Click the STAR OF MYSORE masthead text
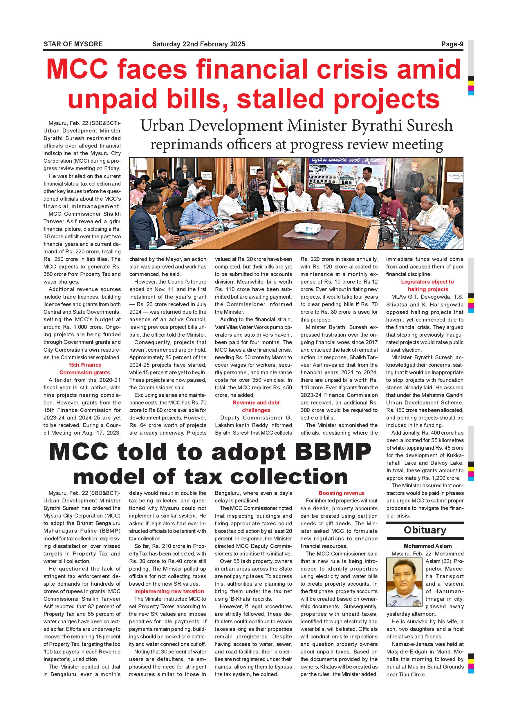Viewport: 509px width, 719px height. pos(73,44)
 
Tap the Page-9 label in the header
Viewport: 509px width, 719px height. pos(452,44)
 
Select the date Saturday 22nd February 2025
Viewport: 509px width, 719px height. pos(199,44)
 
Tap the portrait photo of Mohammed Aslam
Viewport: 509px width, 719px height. pos(404,583)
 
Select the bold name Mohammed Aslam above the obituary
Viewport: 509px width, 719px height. pos(427,546)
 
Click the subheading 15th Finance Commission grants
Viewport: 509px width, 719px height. pos(85,368)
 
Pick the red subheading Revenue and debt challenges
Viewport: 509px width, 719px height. pos(256,406)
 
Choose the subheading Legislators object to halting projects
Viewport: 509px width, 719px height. pos(427,285)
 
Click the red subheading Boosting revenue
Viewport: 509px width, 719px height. pos(341,493)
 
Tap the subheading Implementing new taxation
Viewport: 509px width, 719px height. pos(169,591)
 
